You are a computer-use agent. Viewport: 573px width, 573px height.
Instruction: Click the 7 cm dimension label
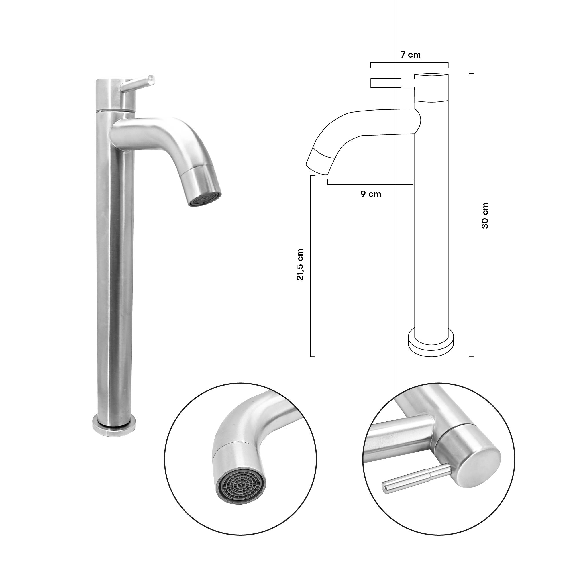[411, 55]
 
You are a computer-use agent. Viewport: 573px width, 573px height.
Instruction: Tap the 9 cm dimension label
[371, 194]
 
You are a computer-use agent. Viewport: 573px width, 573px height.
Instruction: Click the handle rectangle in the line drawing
[386, 83]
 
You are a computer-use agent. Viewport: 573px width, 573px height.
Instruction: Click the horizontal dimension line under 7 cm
[409, 63]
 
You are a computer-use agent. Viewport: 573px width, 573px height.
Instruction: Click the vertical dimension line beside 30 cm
[473, 216]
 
